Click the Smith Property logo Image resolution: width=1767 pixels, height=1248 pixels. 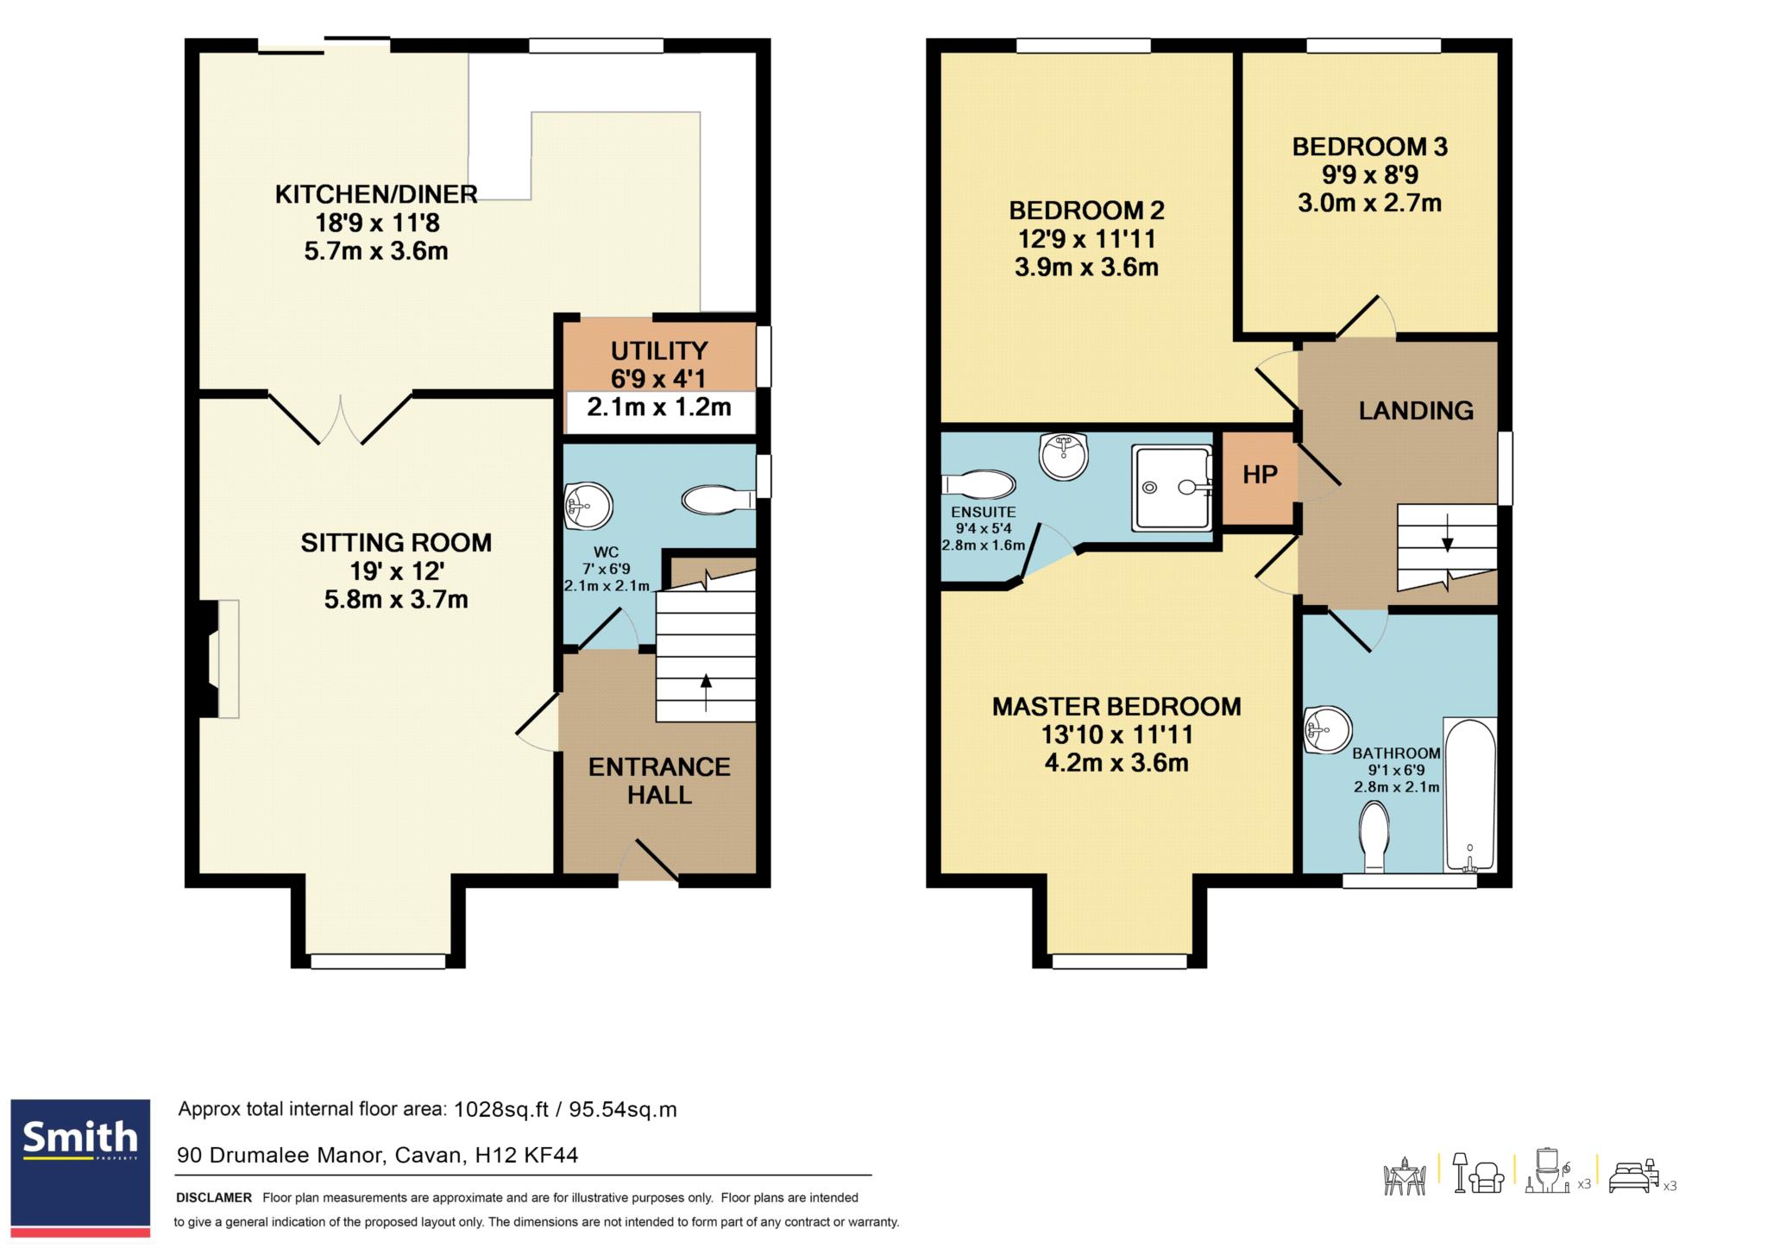coord(80,1167)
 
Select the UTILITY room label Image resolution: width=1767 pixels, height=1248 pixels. coord(659,350)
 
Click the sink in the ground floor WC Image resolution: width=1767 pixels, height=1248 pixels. coord(588,506)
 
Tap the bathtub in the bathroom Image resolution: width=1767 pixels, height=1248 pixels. coord(1470,795)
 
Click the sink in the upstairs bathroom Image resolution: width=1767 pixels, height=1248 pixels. coord(1327,730)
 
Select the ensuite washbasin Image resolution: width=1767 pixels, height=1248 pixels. coord(1065,456)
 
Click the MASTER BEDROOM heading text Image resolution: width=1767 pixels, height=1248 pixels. coord(1116,707)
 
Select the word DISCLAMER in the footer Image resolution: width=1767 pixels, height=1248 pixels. coord(214,1198)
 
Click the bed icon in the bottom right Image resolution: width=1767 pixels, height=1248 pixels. coord(1632,1177)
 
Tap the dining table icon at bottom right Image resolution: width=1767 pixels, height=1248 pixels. coord(1405,1176)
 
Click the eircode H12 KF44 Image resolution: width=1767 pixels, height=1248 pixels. coord(526,1155)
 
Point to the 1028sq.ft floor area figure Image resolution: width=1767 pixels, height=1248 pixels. coord(501,1110)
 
